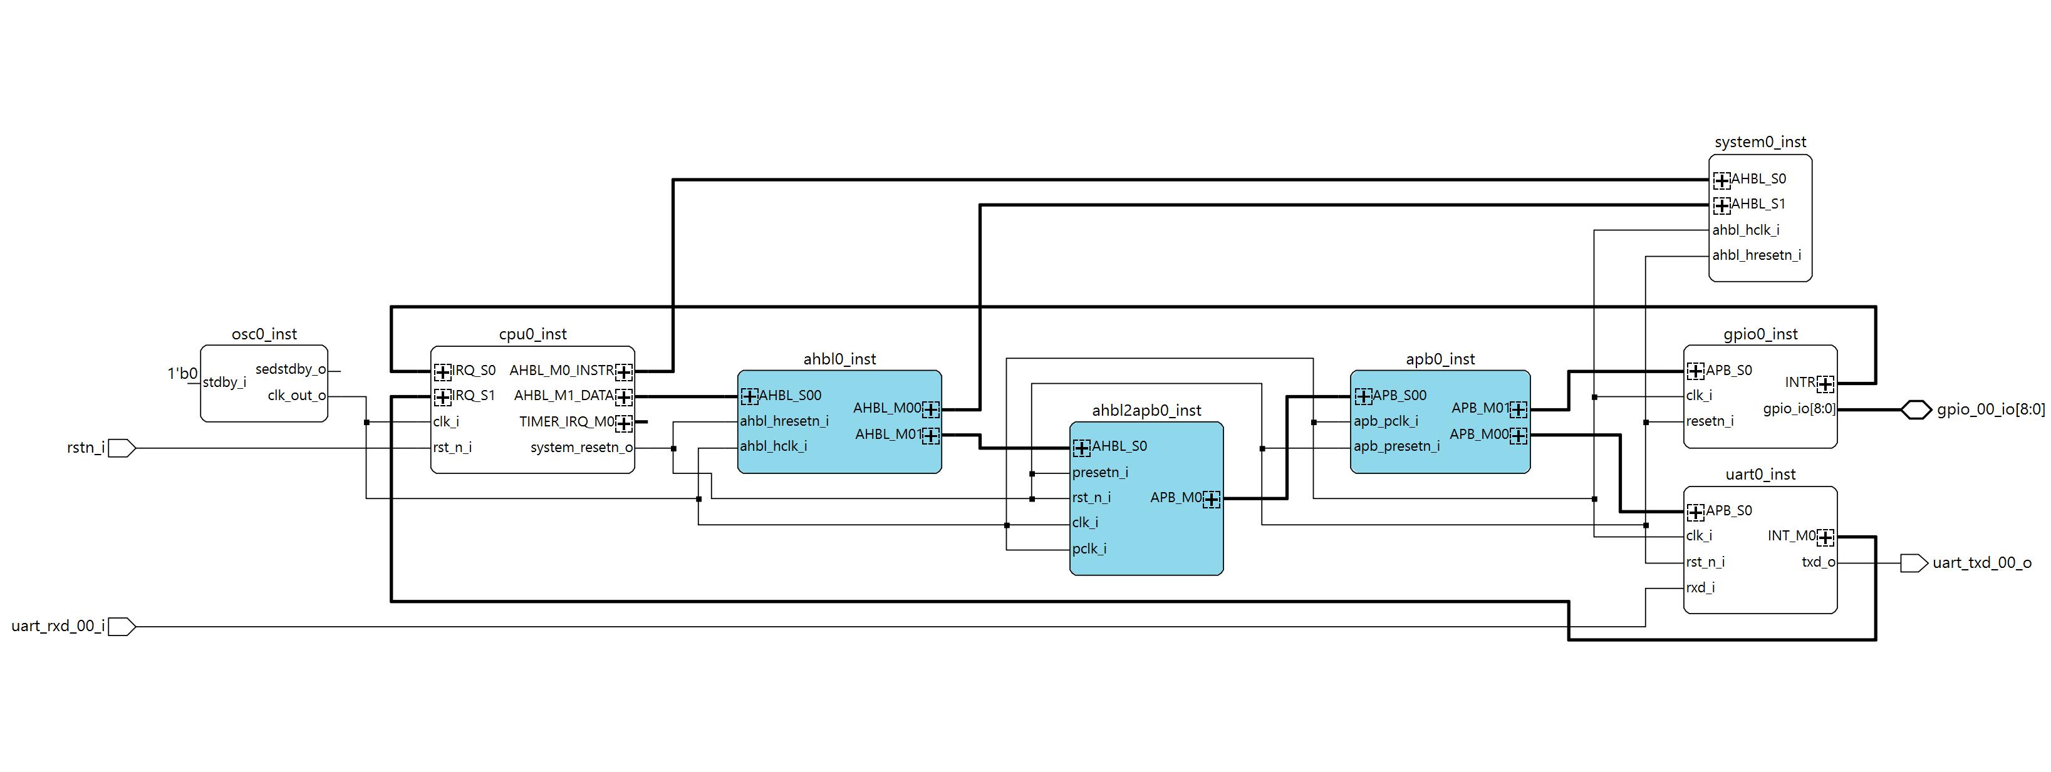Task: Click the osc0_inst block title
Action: point(264,334)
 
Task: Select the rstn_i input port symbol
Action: point(121,448)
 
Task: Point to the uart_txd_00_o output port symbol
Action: point(1914,564)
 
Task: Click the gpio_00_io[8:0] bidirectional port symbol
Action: point(1916,410)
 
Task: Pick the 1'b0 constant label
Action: point(182,373)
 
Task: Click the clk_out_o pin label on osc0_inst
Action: point(296,396)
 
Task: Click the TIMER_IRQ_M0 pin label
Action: point(566,422)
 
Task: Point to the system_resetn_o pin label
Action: point(581,447)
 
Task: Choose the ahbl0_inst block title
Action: point(839,359)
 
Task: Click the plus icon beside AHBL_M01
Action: point(930,435)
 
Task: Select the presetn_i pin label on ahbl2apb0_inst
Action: point(1099,473)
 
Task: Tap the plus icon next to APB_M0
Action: point(1211,499)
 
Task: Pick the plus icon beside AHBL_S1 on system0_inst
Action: point(1721,205)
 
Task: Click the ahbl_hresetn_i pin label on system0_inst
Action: point(1757,255)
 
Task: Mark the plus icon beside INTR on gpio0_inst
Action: point(1825,384)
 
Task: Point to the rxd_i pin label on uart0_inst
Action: point(1700,588)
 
